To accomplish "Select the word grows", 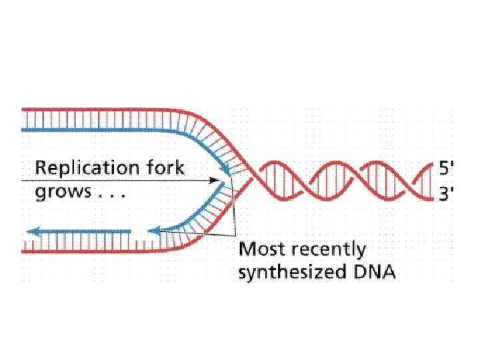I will click(61, 193).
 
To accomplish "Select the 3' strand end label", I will click(445, 194).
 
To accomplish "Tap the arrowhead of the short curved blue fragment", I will click(153, 232).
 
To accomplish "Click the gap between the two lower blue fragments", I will click(139, 232).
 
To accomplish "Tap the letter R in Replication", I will click(41, 167).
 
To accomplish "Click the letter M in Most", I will click(246, 249).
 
